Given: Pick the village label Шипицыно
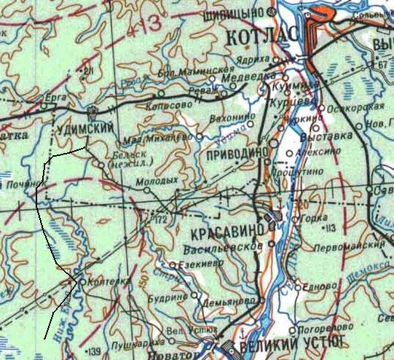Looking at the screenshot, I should point(240,13).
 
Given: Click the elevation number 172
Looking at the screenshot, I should point(162,219).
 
